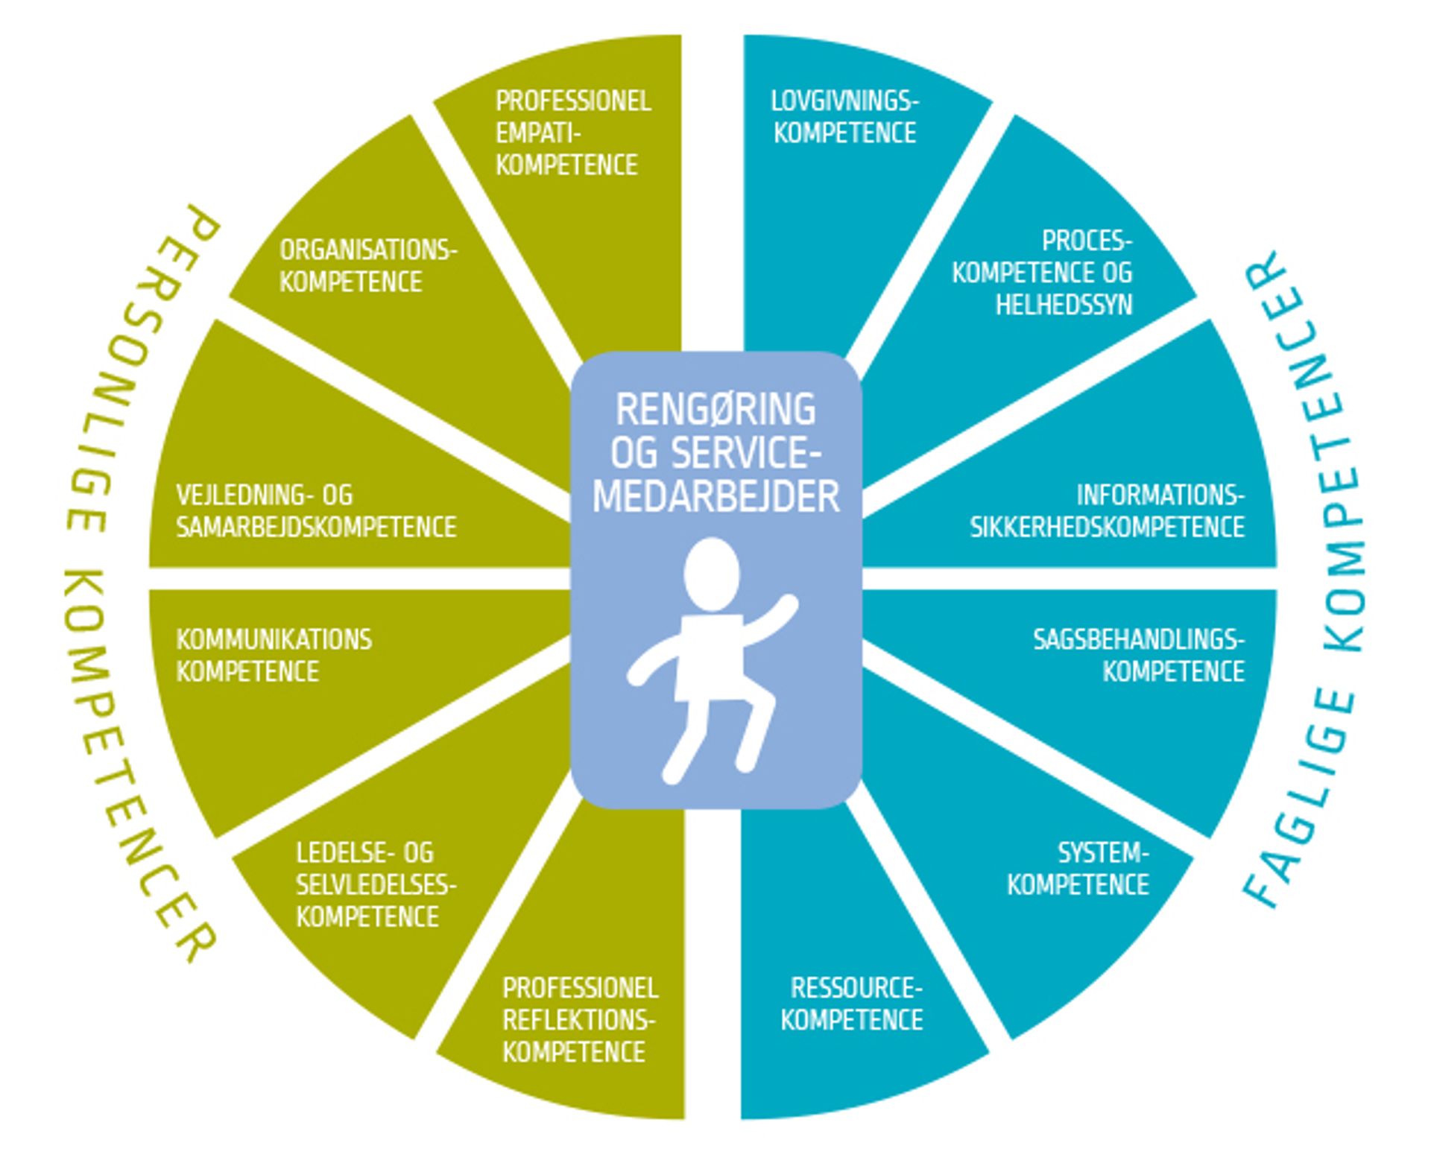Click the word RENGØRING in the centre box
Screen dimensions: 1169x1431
(x=715, y=409)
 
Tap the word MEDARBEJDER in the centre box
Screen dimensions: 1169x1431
(x=715, y=496)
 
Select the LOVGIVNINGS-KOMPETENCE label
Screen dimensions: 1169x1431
(x=844, y=117)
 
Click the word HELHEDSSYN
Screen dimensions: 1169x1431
(x=1064, y=305)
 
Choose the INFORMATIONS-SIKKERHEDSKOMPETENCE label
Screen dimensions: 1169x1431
(x=1107, y=511)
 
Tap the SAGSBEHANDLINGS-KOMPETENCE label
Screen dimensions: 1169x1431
(x=1138, y=656)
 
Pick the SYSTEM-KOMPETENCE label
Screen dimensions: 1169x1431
(x=1078, y=869)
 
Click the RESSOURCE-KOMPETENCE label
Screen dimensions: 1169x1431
(x=852, y=1004)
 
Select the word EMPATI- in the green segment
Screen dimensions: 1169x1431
(x=538, y=133)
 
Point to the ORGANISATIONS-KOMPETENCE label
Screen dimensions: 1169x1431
(x=367, y=266)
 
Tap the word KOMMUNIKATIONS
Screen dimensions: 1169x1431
(x=274, y=639)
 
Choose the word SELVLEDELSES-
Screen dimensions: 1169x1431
(x=376, y=884)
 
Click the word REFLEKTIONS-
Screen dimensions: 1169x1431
(x=578, y=1020)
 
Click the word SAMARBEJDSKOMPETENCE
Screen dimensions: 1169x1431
(x=316, y=528)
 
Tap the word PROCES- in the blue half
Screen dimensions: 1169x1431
(x=1087, y=241)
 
